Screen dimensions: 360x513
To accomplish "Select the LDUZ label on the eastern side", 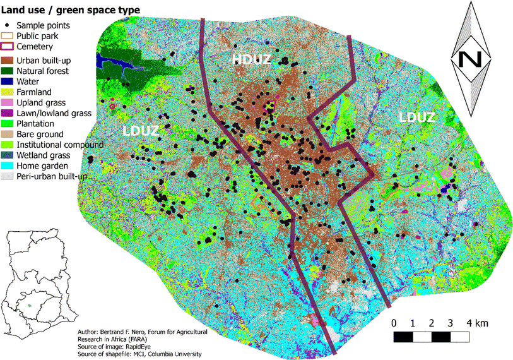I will coord(419,117).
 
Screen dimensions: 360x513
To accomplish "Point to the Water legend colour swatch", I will coord(9,81).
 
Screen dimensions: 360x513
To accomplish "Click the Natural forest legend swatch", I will coord(9,71).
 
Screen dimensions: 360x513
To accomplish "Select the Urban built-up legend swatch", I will coord(9,60).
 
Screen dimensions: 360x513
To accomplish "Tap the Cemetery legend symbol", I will coord(9,46).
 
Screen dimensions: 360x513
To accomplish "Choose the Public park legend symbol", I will coord(9,36).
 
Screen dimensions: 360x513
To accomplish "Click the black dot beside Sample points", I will coord(9,26).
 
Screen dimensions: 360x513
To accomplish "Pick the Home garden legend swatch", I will coord(9,166).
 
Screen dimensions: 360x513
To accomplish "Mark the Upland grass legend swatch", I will coord(9,102).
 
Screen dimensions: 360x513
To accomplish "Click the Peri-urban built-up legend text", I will coord(52,177).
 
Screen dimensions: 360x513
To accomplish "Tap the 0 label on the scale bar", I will coord(394,323).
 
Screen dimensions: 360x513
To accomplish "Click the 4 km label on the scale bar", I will coord(476,323).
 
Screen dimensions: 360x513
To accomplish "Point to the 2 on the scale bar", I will coord(431,323).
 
